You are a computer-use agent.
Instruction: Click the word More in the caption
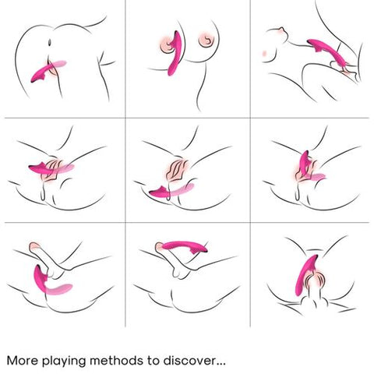[22, 361]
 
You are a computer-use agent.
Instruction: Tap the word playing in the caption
[64, 362]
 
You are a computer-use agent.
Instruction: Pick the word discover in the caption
[189, 361]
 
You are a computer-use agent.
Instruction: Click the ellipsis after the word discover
[221, 365]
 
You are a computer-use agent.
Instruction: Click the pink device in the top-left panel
[48, 71]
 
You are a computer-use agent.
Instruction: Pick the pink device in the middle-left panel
[51, 169]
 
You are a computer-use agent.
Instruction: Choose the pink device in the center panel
[171, 191]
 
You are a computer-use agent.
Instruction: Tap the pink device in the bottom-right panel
[306, 275]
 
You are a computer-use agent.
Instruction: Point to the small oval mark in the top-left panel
[50, 42]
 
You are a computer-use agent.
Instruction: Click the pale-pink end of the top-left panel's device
[60, 64]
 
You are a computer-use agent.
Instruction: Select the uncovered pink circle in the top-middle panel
[206, 40]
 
